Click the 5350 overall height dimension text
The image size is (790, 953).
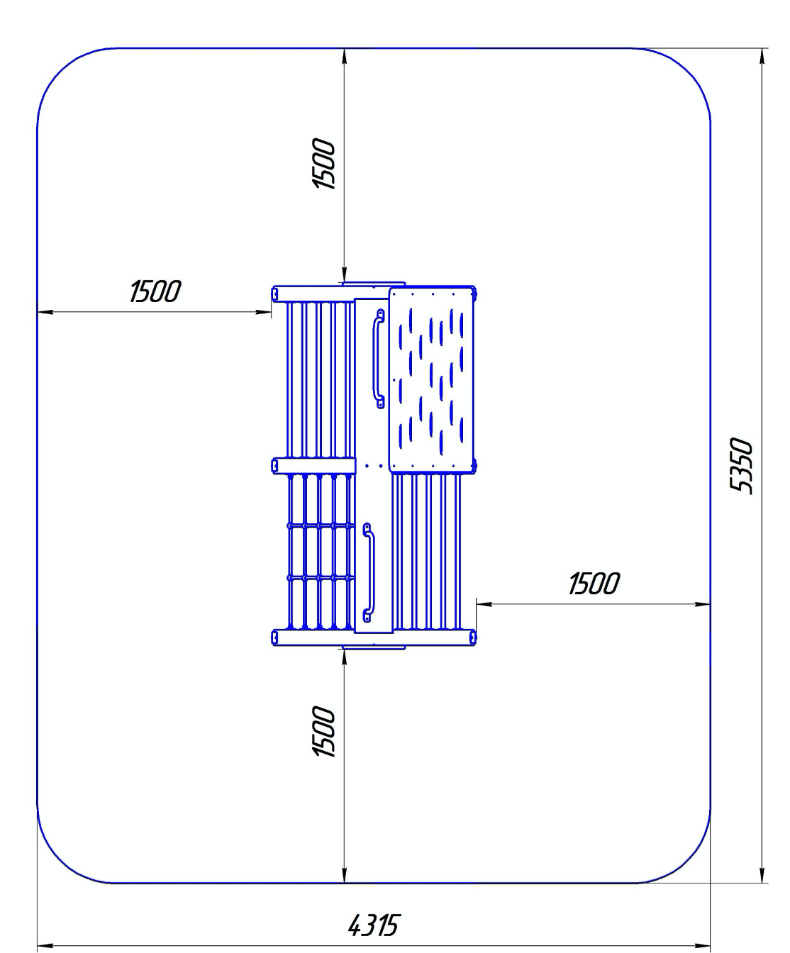(740, 465)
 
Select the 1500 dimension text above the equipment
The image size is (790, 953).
(323, 163)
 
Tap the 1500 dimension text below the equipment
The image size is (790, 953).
(323, 731)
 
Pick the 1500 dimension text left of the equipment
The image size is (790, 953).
(155, 291)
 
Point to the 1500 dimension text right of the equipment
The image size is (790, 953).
(594, 584)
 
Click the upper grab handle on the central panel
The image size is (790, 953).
(379, 358)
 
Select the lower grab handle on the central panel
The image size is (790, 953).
(369, 572)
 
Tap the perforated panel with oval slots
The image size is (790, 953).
(432, 379)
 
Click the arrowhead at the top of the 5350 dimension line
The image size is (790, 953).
(762, 57)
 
